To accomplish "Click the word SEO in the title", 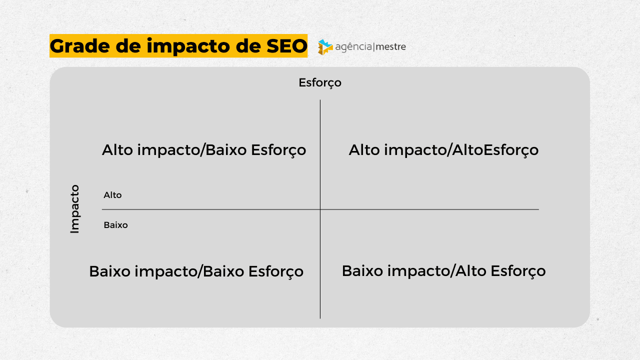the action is [286, 46].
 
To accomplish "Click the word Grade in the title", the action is [79, 45].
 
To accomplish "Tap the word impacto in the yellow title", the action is [188, 46].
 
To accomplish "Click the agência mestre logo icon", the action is [325, 47].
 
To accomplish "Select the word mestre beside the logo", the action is [391, 46].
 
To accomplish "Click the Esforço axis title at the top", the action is [320, 83].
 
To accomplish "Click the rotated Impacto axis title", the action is [74, 209].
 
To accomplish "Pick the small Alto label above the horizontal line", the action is [112, 195].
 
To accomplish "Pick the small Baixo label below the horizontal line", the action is [115, 225].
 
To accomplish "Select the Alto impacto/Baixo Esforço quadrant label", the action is [204, 150].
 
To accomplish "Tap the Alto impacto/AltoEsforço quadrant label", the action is [443, 150].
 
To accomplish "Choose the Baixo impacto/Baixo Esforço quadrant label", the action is [196, 271].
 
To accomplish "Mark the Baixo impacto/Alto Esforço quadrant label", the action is [443, 271].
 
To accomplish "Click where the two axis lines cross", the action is [320, 209].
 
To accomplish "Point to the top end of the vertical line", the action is [320, 100].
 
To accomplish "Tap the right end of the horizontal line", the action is [539, 209].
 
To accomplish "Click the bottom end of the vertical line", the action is [320, 318].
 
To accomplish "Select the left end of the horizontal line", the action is [102, 209].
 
